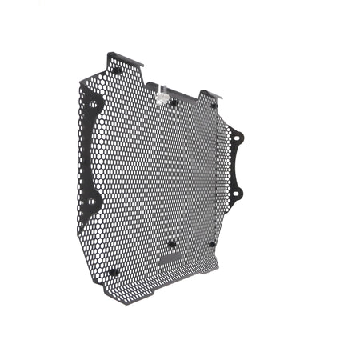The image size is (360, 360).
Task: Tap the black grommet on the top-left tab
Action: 117,70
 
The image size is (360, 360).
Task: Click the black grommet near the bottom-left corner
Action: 113,272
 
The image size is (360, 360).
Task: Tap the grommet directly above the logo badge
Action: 170,244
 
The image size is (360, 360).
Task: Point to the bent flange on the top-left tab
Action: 126,59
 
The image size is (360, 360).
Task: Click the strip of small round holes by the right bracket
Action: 223,168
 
